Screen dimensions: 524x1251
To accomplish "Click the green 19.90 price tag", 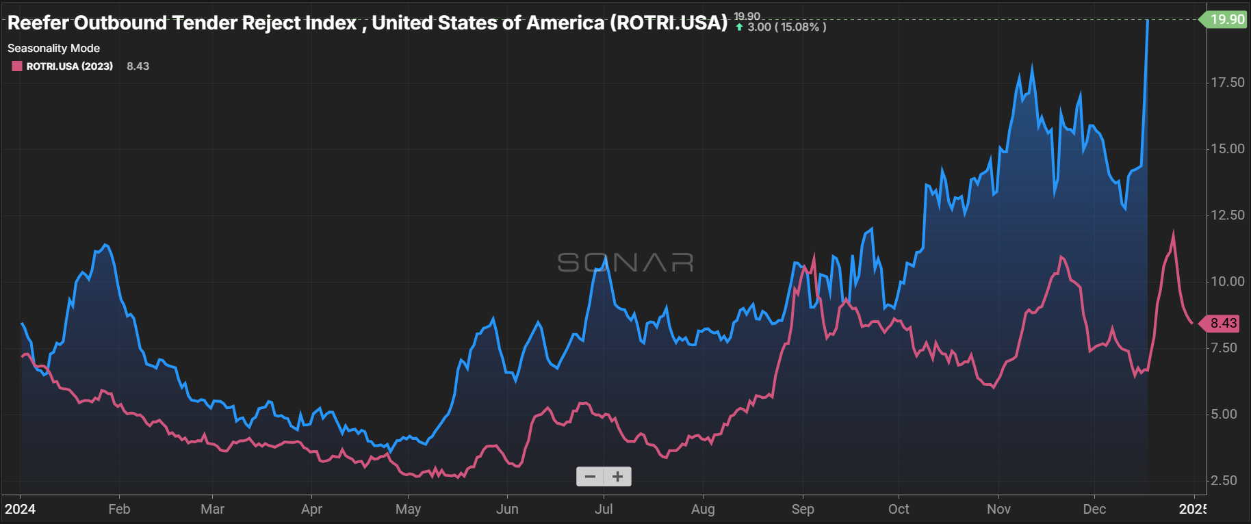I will click(x=1226, y=19).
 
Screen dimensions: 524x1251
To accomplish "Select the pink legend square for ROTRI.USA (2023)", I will click(x=17, y=66).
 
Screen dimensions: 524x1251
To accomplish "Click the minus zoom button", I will click(x=590, y=477).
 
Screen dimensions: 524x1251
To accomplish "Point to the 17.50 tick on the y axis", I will click(x=1227, y=82).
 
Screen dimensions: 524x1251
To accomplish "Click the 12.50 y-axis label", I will click(x=1227, y=215).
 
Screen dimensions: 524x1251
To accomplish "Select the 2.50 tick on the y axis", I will click(x=1224, y=480).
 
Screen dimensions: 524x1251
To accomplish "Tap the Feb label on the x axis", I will click(x=119, y=509).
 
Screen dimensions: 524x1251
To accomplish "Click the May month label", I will click(x=408, y=509).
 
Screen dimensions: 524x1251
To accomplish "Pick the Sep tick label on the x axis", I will click(x=802, y=509).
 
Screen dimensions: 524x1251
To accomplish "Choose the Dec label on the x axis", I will click(x=1094, y=509).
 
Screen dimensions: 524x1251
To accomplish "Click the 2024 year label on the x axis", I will click(x=21, y=509).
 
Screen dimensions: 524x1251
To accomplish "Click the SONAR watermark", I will click(x=625, y=263).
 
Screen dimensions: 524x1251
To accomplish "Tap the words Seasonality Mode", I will click(x=53, y=48).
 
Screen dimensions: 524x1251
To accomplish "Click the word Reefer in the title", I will click(x=38, y=23).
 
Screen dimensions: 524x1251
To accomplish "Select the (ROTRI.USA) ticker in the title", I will click(x=669, y=23).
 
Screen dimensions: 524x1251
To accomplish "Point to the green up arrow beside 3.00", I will click(x=739, y=27).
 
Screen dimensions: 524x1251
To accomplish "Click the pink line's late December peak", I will click(x=1174, y=233).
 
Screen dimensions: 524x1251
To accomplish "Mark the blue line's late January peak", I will click(x=105, y=245).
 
